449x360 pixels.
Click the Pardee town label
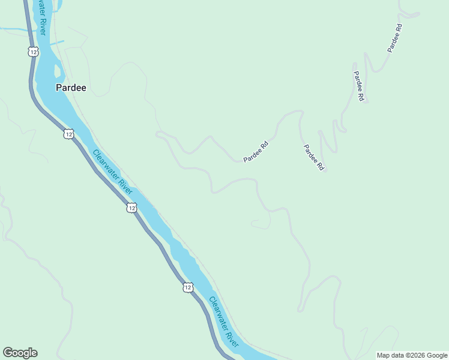71,88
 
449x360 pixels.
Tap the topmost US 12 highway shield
33,52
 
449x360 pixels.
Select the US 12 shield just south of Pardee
68,134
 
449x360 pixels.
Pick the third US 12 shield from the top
131,208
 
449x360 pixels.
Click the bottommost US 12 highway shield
188,288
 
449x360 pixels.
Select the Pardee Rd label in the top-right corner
394,38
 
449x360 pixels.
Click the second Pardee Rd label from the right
358,86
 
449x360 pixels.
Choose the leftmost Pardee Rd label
256,152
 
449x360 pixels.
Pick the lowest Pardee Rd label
313,158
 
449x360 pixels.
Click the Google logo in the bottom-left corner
20,353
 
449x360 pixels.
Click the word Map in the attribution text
384,355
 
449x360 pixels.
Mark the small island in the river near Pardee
58,71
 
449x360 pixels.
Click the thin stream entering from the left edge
12,28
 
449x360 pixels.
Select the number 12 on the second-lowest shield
131,208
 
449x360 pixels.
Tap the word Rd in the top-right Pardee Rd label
399,28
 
